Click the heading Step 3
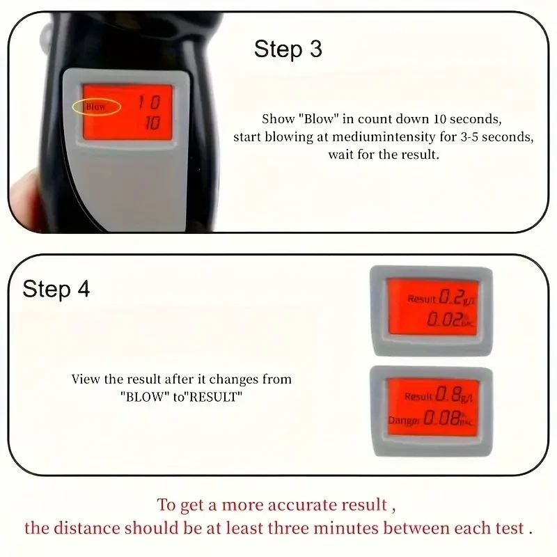click(288, 49)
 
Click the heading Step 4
click(56, 289)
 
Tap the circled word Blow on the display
click(95, 107)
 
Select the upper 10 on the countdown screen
click(148, 103)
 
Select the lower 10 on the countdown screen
click(151, 123)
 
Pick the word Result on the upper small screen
click(421, 299)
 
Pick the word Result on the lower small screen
click(418, 397)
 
